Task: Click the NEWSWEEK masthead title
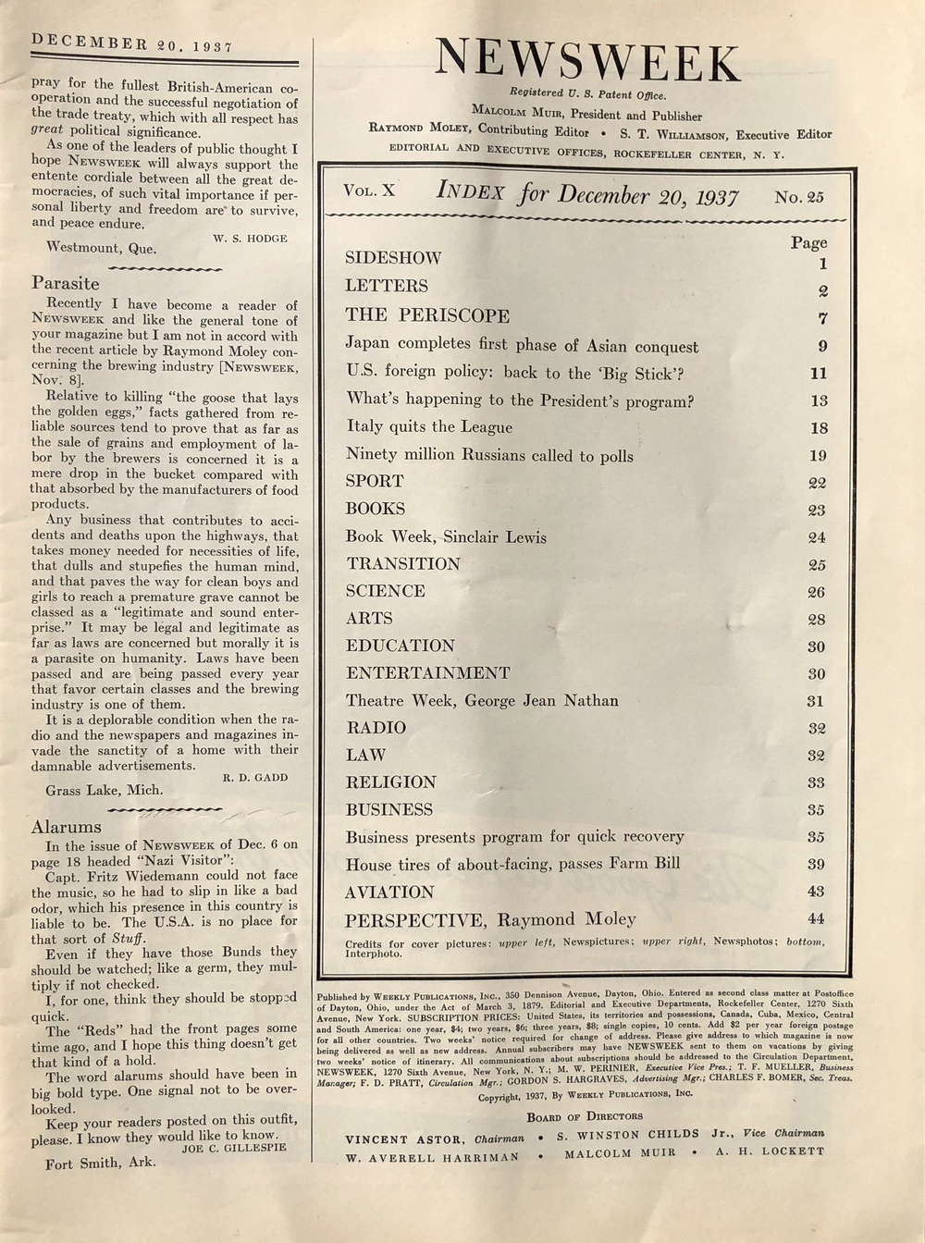click(x=587, y=61)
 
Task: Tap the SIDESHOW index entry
click(x=393, y=258)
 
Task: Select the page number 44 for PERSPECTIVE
click(x=815, y=918)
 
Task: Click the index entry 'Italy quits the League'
click(x=429, y=426)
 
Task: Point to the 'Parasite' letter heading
click(x=65, y=283)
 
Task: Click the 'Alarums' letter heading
click(x=66, y=827)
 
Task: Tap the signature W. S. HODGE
click(x=250, y=239)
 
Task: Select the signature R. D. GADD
click(x=254, y=778)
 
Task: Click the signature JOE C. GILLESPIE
click(x=234, y=1148)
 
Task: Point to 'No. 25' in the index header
click(x=799, y=196)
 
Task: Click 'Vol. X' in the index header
click(x=368, y=191)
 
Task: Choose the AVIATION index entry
click(x=389, y=892)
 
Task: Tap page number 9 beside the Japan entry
click(x=821, y=347)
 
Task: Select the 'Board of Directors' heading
click(x=585, y=1116)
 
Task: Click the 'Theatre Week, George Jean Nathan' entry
click(x=482, y=700)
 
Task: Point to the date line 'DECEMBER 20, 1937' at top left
click(x=132, y=43)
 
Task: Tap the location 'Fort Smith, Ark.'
click(x=100, y=1163)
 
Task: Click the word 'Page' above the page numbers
click(x=808, y=242)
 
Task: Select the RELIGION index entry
click(x=391, y=782)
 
